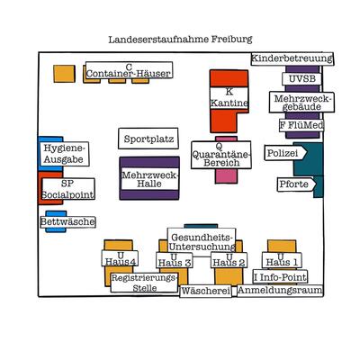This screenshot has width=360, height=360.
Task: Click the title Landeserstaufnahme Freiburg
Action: (180, 40)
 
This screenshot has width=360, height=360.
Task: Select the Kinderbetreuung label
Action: (292, 58)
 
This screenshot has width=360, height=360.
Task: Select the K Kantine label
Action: (229, 98)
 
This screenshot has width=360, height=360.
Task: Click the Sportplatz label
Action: (148, 139)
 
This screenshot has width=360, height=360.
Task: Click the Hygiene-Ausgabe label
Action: (64, 154)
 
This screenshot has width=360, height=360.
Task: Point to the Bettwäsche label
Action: (67, 221)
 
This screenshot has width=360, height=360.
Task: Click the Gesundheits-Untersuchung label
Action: (202, 240)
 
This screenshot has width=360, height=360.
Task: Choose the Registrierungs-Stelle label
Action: (144, 283)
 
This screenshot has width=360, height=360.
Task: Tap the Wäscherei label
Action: (205, 292)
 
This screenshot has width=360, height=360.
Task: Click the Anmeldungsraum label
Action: (278, 291)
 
